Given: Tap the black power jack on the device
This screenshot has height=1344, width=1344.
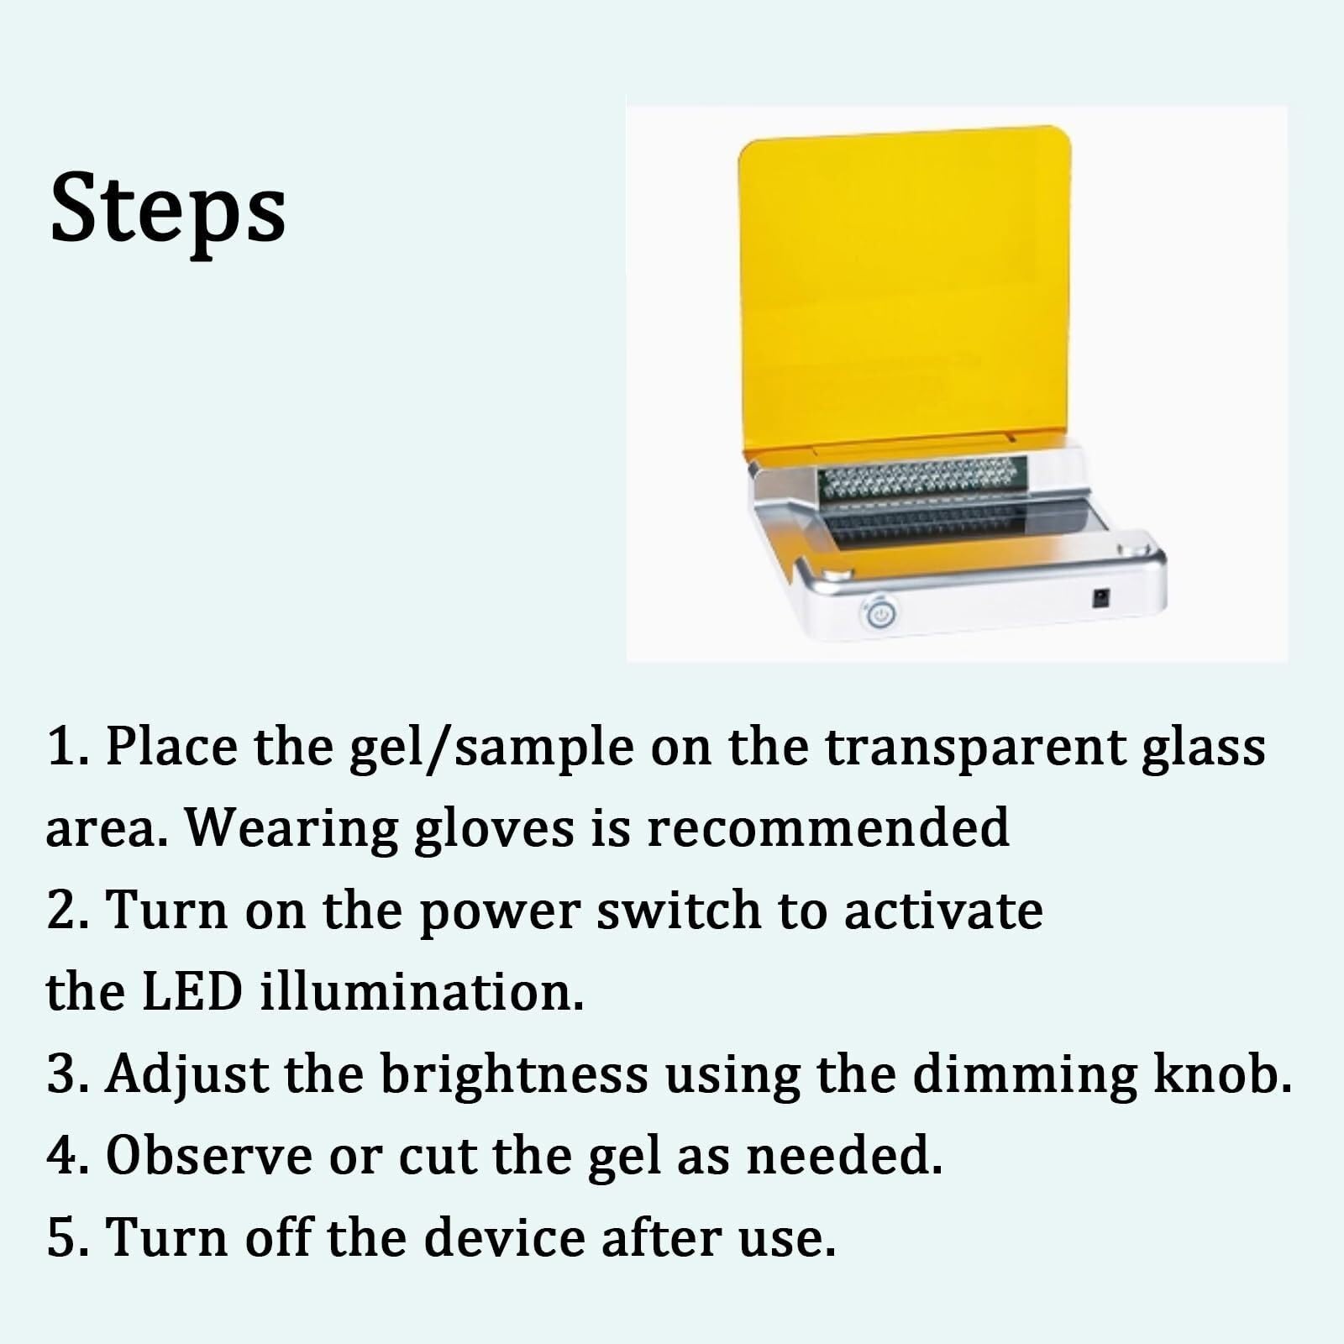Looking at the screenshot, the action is point(1098,599).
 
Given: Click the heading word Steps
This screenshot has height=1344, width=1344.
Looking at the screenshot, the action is point(168,207).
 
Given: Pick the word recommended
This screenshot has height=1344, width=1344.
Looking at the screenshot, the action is point(827,827).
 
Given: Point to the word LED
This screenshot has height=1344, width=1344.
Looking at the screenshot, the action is point(192,992).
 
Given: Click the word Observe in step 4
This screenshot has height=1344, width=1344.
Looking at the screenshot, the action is point(208,1157).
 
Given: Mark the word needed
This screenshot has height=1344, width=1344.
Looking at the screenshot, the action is point(844,1156).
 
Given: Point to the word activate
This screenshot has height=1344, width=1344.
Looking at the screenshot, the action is point(943,911).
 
